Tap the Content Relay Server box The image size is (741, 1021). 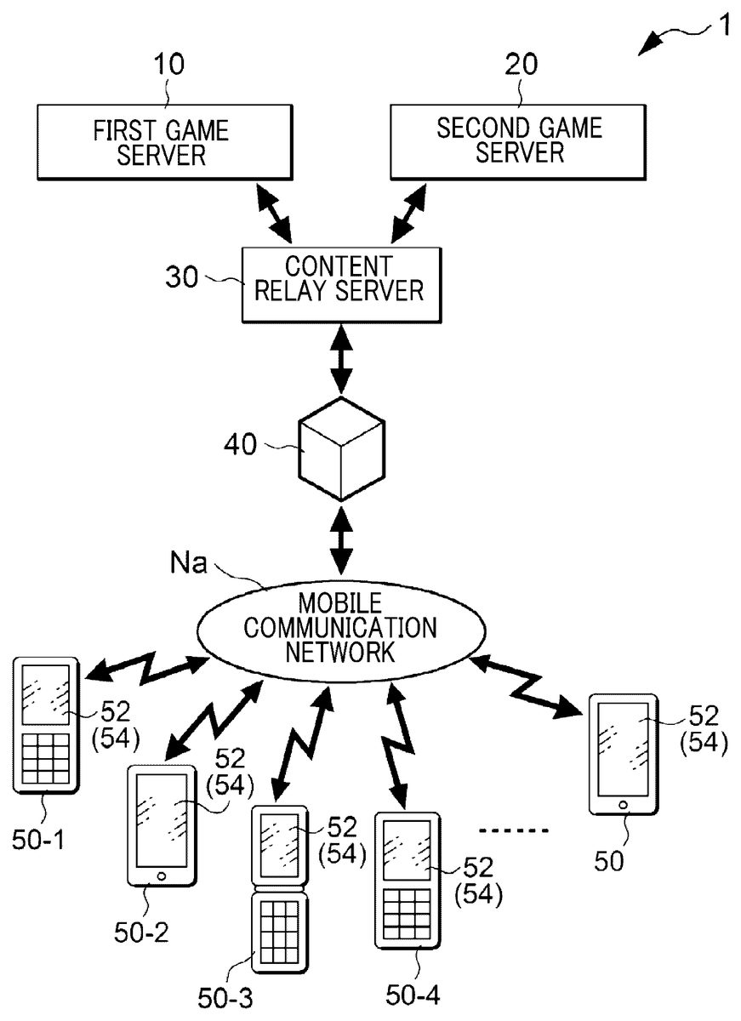[343, 284]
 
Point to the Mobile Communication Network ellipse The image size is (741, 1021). [340, 629]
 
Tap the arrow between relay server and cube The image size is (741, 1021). [341, 359]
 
